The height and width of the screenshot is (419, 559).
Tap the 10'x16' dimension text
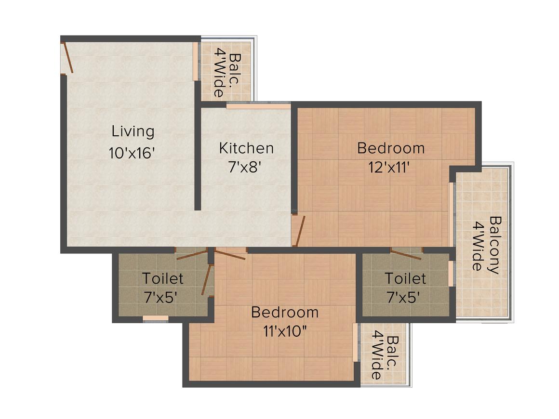click(132, 153)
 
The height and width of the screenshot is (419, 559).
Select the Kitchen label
click(246, 148)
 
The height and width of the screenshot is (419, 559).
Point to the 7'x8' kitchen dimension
click(245, 167)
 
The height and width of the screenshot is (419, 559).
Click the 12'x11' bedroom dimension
click(390, 167)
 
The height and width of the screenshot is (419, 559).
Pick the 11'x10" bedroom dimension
click(284, 332)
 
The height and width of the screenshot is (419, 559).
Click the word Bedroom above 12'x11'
click(391, 148)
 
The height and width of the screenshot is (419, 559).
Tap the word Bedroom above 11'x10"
click(285, 312)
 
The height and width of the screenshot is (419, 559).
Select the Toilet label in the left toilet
click(163, 278)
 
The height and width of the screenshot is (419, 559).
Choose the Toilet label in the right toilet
click(405, 278)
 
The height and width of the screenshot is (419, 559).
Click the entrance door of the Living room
click(67, 58)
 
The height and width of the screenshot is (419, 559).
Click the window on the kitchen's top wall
click(258, 105)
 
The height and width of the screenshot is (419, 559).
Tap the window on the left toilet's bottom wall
click(156, 318)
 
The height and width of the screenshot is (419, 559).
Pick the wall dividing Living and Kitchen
click(198, 144)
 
